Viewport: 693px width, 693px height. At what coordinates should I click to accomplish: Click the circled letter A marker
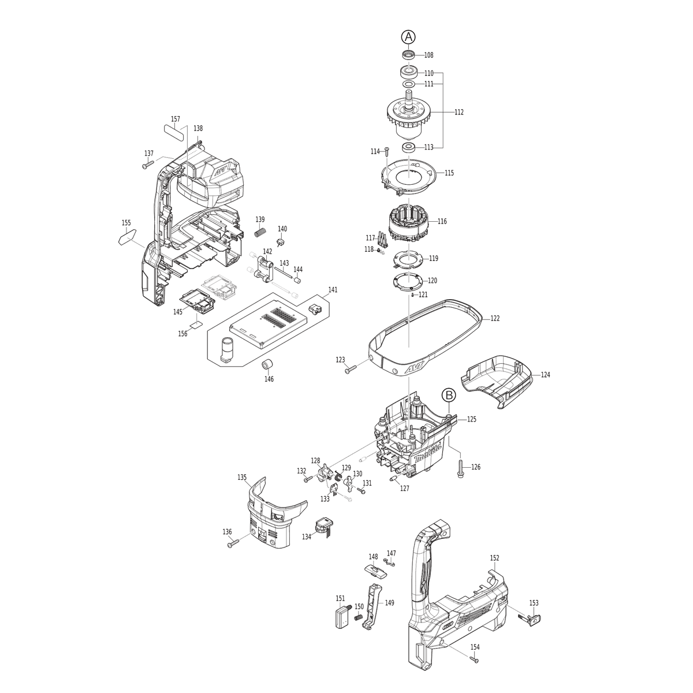pos(408,37)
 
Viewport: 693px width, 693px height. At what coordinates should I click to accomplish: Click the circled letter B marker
pos(449,395)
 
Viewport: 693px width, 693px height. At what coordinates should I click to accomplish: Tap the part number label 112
pos(459,112)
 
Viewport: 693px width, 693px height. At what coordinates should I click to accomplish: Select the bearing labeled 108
pos(408,55)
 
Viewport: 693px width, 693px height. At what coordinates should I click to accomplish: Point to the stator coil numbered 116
pos(409,222)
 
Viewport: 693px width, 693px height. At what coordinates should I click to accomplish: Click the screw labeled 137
pos(148,165)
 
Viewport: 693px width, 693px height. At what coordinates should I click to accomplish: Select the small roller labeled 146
pos(266,364)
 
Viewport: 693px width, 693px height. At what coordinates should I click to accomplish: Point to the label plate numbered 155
pos(127,236)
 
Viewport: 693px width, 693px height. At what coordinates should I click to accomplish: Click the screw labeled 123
pos(351,369)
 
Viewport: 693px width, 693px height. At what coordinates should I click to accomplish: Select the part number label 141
pos(333,289)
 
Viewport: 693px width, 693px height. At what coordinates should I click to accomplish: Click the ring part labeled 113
pos(408,147)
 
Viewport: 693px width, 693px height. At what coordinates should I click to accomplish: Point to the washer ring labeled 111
pos(408,84)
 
